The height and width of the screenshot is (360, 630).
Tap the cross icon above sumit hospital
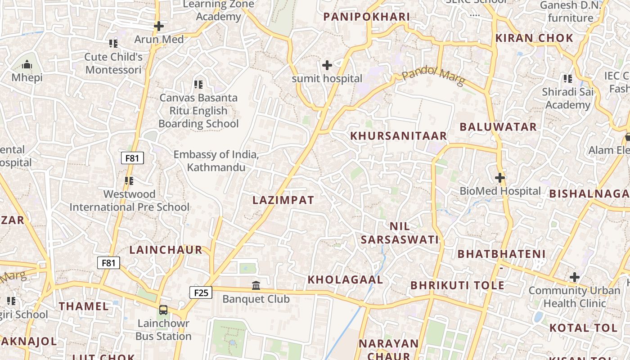pyautogui.click(x=327, y=65)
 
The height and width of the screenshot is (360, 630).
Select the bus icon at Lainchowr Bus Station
pyautogui.click(x=163, y=310)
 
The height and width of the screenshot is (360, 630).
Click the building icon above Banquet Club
pyautogui.click(x=256, y=285)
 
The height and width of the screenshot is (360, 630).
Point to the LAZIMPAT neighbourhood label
pyautogui.click(x=283, y=200)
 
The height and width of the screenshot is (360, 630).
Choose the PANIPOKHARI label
pyautogui.click(x=367, y=17)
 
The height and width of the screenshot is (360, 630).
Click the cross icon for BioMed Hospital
pyautogui.click(x=500, y=178)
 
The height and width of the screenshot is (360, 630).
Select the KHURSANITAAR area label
pyautogui.click(x=399, y=135)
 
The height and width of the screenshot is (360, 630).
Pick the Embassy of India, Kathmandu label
pyautogui.click(x=216, y=161)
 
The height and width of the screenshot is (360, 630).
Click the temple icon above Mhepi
pyautogui.click(x=27, y=64)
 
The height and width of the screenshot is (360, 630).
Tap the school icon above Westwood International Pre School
pyautogui.click(x=129, y=181)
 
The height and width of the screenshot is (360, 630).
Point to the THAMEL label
pyautogui.click(x=84, y=306)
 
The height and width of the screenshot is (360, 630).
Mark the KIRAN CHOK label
pyautogui.click(x=534, y=38)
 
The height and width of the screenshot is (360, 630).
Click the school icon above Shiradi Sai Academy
pyautogui.click(x=568, y=79)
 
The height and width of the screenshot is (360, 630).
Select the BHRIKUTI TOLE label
pyautogui.click(x=457, y=285)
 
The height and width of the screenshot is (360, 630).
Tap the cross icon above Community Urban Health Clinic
pyautogui.click(x=574, y=277)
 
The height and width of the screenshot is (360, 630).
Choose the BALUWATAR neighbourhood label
pyautogui.click(x=498, y=127)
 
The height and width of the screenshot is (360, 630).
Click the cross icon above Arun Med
pyautogui.click(x=159, y=26)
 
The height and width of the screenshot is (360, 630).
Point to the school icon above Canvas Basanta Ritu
pyautogui.click(x=198, y=84)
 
